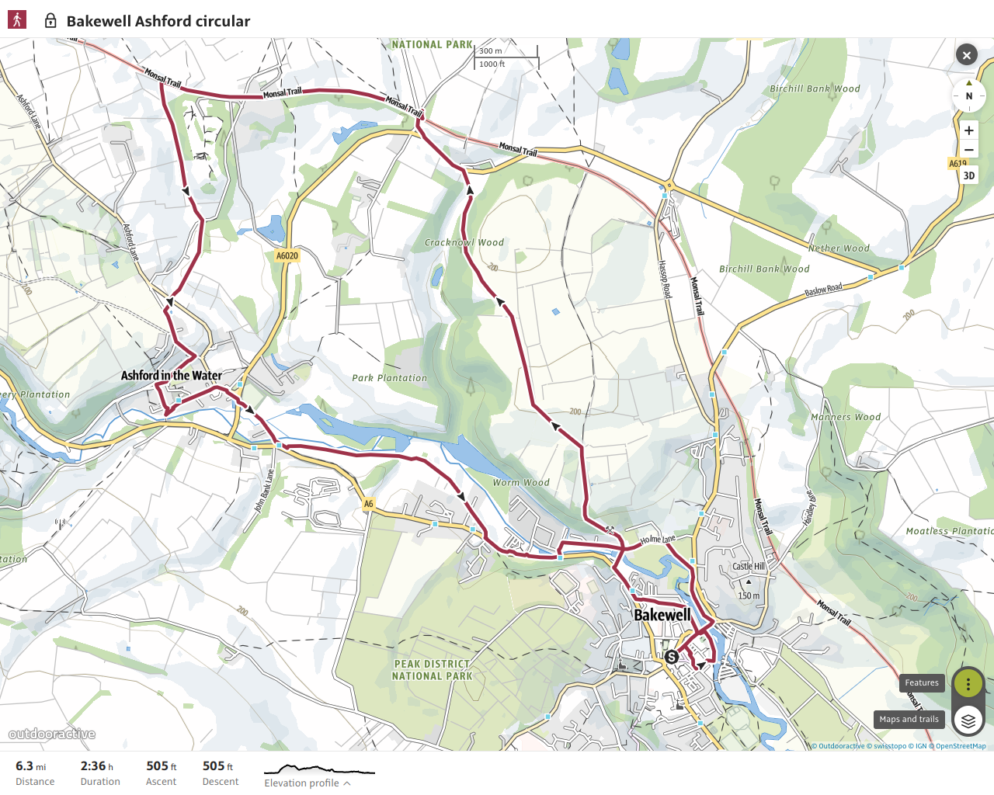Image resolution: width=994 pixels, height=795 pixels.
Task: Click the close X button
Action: (x=966, y=54)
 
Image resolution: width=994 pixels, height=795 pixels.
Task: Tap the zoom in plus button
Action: (x=968, y=130)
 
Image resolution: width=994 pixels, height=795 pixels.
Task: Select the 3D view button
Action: (x=968, y=175)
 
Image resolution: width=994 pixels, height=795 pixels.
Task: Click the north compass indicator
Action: (x=968, y=95)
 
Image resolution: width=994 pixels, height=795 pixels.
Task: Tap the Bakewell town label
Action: (x=662, y=615)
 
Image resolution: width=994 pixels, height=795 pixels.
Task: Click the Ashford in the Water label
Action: (x=171, y=376)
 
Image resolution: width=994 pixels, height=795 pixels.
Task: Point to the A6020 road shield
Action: (x=287, y=255)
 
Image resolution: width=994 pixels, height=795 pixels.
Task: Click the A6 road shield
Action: (x=368, y=504)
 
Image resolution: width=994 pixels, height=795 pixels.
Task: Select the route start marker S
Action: (x=672, y=657)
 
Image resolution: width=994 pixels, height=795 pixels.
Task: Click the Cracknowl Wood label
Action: (x=464, y=242)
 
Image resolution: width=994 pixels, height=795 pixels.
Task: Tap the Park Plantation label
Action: (x=389, y=378)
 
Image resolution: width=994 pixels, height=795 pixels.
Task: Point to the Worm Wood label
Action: (x=521, y=482)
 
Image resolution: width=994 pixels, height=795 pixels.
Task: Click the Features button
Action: (x=922, y=683)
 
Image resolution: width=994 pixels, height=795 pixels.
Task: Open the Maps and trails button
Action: (x=909, y=720)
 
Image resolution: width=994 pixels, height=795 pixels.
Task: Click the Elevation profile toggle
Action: (x=307, y=783)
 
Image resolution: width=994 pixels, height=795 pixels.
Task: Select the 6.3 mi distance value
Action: (x=30, y=766)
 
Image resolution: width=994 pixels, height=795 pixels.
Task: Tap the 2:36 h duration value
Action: (x=96, y=766)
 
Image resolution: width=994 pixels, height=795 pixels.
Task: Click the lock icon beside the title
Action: (x=50, y=21)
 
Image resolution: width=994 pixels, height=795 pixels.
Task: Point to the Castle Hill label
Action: (x=749, y=566)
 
